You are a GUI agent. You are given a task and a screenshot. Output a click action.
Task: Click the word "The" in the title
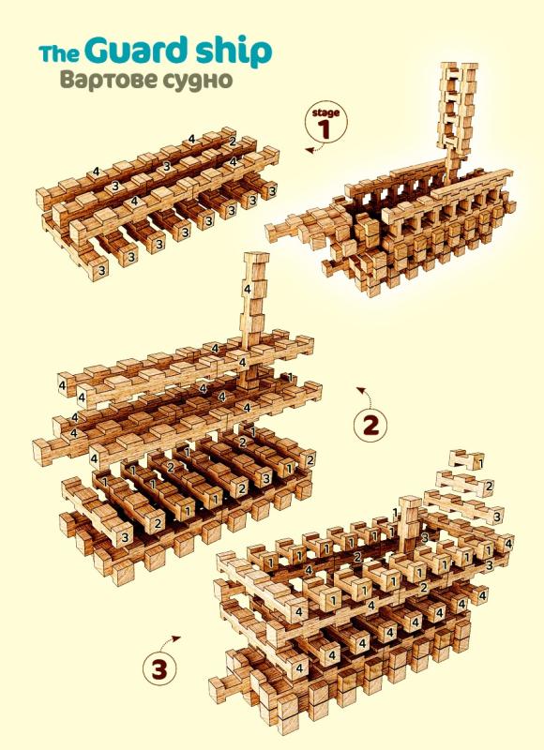point(59,53)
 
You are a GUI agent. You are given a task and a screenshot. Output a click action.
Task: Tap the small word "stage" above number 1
point(325,112)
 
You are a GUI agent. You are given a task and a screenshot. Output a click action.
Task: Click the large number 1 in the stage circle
point(325,129)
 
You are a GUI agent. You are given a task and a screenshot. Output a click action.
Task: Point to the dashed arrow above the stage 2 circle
point(366,395)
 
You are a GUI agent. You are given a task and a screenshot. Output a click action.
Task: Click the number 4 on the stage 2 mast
point(248,289)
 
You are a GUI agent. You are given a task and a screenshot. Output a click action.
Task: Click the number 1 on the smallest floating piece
point(480,463)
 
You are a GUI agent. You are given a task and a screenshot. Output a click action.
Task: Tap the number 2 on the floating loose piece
point(489,487)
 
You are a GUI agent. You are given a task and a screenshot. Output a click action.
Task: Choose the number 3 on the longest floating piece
point(497,517)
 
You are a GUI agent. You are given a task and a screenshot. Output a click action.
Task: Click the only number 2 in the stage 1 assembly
point(233,142)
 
